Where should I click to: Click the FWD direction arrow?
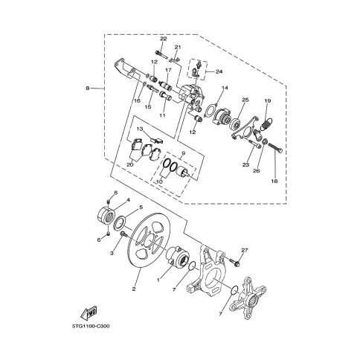pos(89,313)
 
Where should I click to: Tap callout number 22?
pos(164,39)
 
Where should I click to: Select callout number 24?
pos(219,72)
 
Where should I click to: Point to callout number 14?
pos(225,88)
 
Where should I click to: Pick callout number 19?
pos(268,101)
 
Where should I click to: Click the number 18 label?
pos(274,181)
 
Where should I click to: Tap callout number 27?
pos(245,251)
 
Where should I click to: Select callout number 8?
pos(88,88)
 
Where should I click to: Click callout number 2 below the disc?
pos(134,289)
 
